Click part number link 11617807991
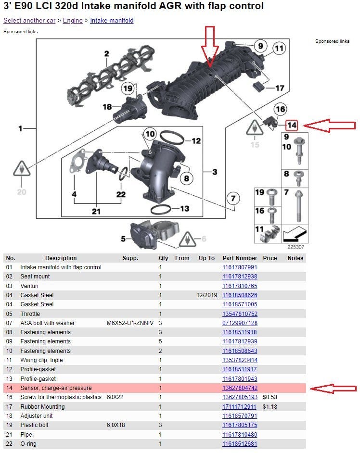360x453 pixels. pos(240,267)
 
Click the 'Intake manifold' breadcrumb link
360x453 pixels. pos(112,21)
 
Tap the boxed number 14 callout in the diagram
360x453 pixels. pos(292,126)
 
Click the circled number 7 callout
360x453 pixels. pos(233,198)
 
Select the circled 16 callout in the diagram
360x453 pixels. pos(281,109)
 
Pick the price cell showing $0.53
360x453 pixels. pos(270,397)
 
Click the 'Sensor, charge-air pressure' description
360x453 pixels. pos(56,388)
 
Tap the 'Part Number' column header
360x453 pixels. pos(240,258)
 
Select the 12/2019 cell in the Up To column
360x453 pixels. pos(206,295)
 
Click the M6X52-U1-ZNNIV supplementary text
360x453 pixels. pos(130,323)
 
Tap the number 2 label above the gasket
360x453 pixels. pos(106,54)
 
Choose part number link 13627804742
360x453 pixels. pos(240,388)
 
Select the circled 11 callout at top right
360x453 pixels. pos(279,48)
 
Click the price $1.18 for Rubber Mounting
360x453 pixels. pos(270,406)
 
